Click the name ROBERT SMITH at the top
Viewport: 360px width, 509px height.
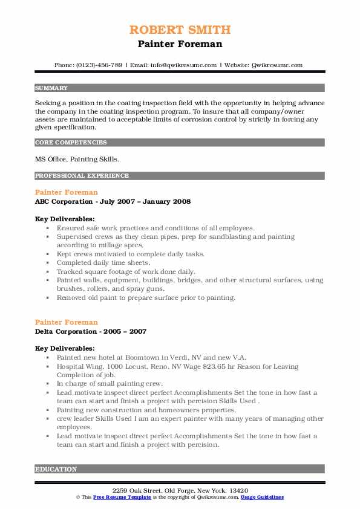(180, 30)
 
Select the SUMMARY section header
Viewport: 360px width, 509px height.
(51, 88)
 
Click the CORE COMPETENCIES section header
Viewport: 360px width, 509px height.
(71, 143)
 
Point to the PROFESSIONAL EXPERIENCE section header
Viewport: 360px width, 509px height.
(82, 176)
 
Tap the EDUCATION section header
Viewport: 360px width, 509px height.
(56, 469)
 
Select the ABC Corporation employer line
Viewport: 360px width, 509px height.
(113, 201)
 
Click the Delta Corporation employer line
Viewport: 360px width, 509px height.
(91, 331)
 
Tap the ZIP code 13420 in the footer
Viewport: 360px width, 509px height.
(237, 490)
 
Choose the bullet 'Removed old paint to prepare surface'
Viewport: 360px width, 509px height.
(145, 297)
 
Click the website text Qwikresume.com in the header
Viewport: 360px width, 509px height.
(277, 65)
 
